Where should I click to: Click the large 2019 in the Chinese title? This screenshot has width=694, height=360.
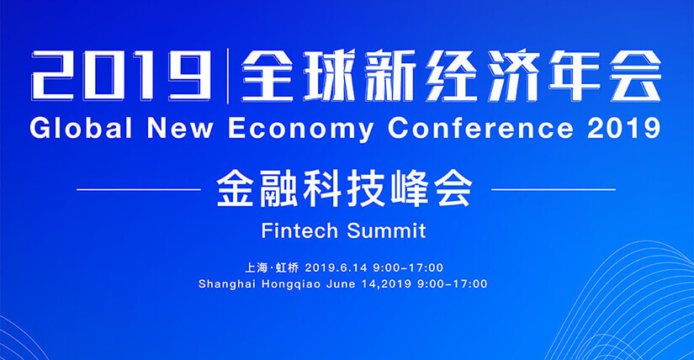coord(121,75)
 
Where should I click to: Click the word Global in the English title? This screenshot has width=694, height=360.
coord(81,129)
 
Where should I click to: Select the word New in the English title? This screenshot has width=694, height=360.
coord(180,129)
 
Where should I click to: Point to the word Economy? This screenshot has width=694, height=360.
coord(301,130)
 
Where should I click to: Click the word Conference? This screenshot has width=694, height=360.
coord(480,129)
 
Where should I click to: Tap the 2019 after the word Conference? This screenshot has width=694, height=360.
coord(624,129)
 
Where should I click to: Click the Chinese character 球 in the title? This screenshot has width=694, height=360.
coord(329,75)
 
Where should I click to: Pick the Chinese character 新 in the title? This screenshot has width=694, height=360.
coord(390,75)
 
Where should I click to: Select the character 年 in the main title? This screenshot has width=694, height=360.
coord(574,75)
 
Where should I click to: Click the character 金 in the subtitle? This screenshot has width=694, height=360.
coord(235,189)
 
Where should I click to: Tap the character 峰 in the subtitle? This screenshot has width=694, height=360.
coord(410,189)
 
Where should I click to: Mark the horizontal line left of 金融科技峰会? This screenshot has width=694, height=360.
coord(139,189)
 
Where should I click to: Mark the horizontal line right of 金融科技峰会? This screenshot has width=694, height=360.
coord(554,189)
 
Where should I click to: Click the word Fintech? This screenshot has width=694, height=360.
coord(299,230)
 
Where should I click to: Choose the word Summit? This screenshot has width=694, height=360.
coord(386,230)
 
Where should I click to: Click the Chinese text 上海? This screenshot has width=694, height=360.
coord(257,267)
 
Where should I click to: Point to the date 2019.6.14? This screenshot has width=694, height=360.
coord(336,267)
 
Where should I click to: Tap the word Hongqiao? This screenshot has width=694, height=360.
coord(291,284)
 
